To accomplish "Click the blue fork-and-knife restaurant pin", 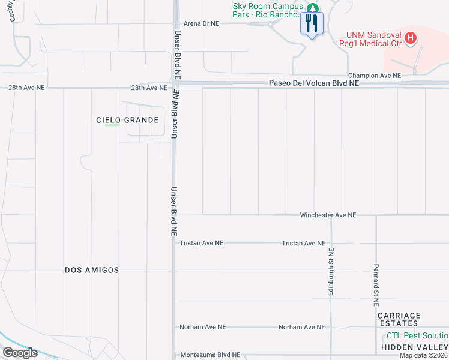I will (311, 24).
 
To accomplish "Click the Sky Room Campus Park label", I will (268, 10).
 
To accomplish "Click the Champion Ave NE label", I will (374, 76).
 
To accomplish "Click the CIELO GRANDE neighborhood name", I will (127, 120).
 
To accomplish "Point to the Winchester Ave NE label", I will (328, 215).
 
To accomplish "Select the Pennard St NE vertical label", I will (376, 281).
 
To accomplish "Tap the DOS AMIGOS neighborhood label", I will (92, 271).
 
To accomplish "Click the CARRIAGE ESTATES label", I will (399, 319).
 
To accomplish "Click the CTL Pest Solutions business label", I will (417, 336).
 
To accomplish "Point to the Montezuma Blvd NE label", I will (209, 355).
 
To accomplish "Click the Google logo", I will (20, 353).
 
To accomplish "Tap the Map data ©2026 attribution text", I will (423, 355).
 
